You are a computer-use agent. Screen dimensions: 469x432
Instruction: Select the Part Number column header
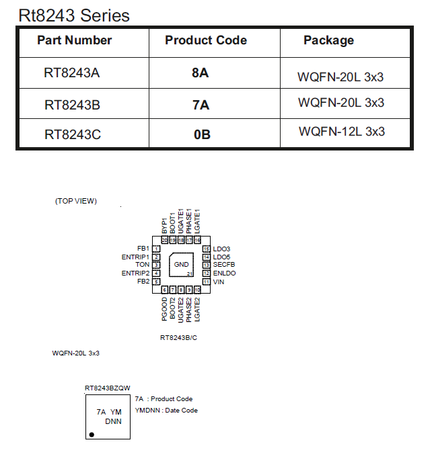[75, 40]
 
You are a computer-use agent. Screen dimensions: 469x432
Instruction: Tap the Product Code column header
[206, 40]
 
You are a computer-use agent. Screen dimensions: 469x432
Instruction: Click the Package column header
[328, 40]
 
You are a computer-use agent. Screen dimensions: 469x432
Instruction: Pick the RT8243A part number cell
[72, 73]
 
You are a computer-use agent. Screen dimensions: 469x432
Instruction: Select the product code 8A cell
[201, 73]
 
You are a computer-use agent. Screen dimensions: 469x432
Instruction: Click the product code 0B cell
[202, 134]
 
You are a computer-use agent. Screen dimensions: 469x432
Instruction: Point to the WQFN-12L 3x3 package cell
[342, 132]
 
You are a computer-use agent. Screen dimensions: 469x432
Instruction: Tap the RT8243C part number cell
[73, 134]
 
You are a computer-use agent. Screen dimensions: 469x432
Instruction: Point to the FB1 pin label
[143, 249]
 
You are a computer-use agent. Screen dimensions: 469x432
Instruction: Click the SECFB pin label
[225, 265]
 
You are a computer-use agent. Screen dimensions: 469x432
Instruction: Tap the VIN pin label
[219, 282]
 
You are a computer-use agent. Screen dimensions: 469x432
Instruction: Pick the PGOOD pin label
[165, 309]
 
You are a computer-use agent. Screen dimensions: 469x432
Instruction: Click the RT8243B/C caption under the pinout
[179, 337]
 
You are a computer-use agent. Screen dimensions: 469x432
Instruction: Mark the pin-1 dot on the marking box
[92, 435]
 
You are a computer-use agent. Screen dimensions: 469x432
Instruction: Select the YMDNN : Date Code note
[166, 410]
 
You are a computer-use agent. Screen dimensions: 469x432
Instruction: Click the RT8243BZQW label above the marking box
[108, 388]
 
